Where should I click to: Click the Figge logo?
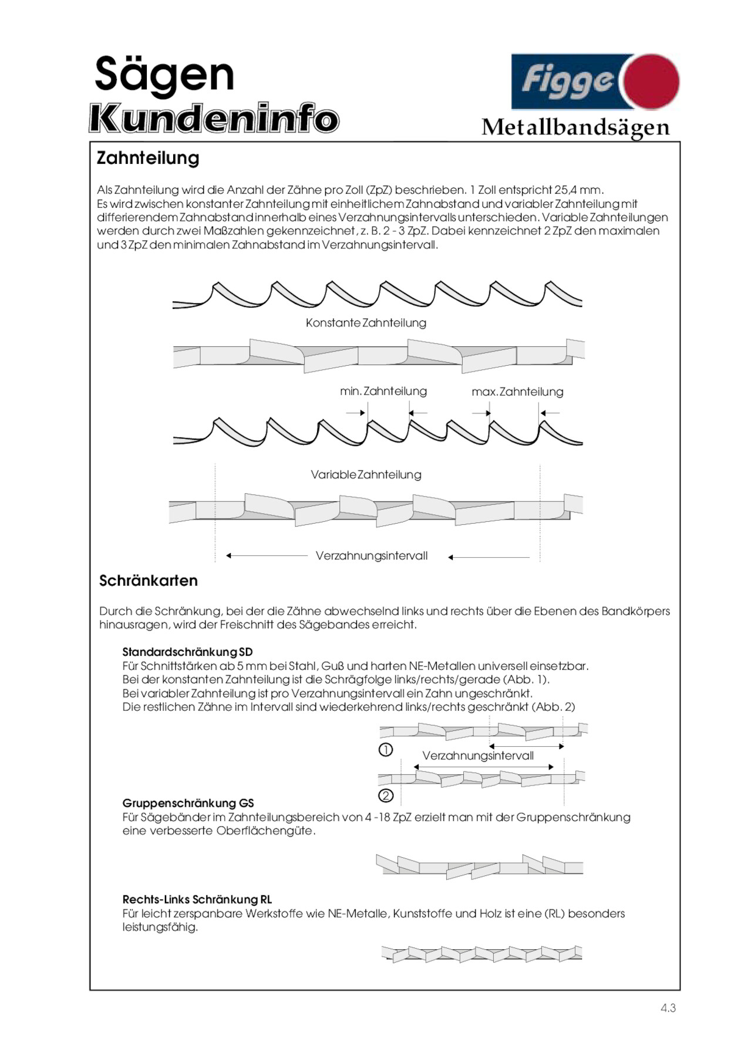(x=594, y=82)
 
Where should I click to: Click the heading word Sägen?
(x=164, y=75)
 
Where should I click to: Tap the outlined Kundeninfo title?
(x=214, y=119)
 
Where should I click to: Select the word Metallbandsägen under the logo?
(x=575, y=127)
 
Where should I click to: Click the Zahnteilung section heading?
(x=148, y=158)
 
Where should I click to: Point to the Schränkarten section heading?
(x=148, y=581)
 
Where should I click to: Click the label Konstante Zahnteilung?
(x=366, y=323)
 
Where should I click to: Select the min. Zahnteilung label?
(x=383, y=391)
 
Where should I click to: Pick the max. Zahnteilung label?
(x=517, y=392)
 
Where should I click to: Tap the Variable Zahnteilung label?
(x=366, y=474)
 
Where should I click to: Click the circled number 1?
(x=386, y=750)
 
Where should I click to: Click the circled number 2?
(x=386, y=795)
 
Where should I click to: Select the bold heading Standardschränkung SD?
(x=187, y=652)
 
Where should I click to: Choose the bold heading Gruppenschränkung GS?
(x=188, y=803)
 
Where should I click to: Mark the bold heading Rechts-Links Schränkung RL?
(x=197, y=899)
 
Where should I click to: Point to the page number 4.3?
(x=668, y=1008)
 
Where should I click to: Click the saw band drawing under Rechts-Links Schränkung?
(x=481, y=953)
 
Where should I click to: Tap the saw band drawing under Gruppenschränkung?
(x=479, y=867)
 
